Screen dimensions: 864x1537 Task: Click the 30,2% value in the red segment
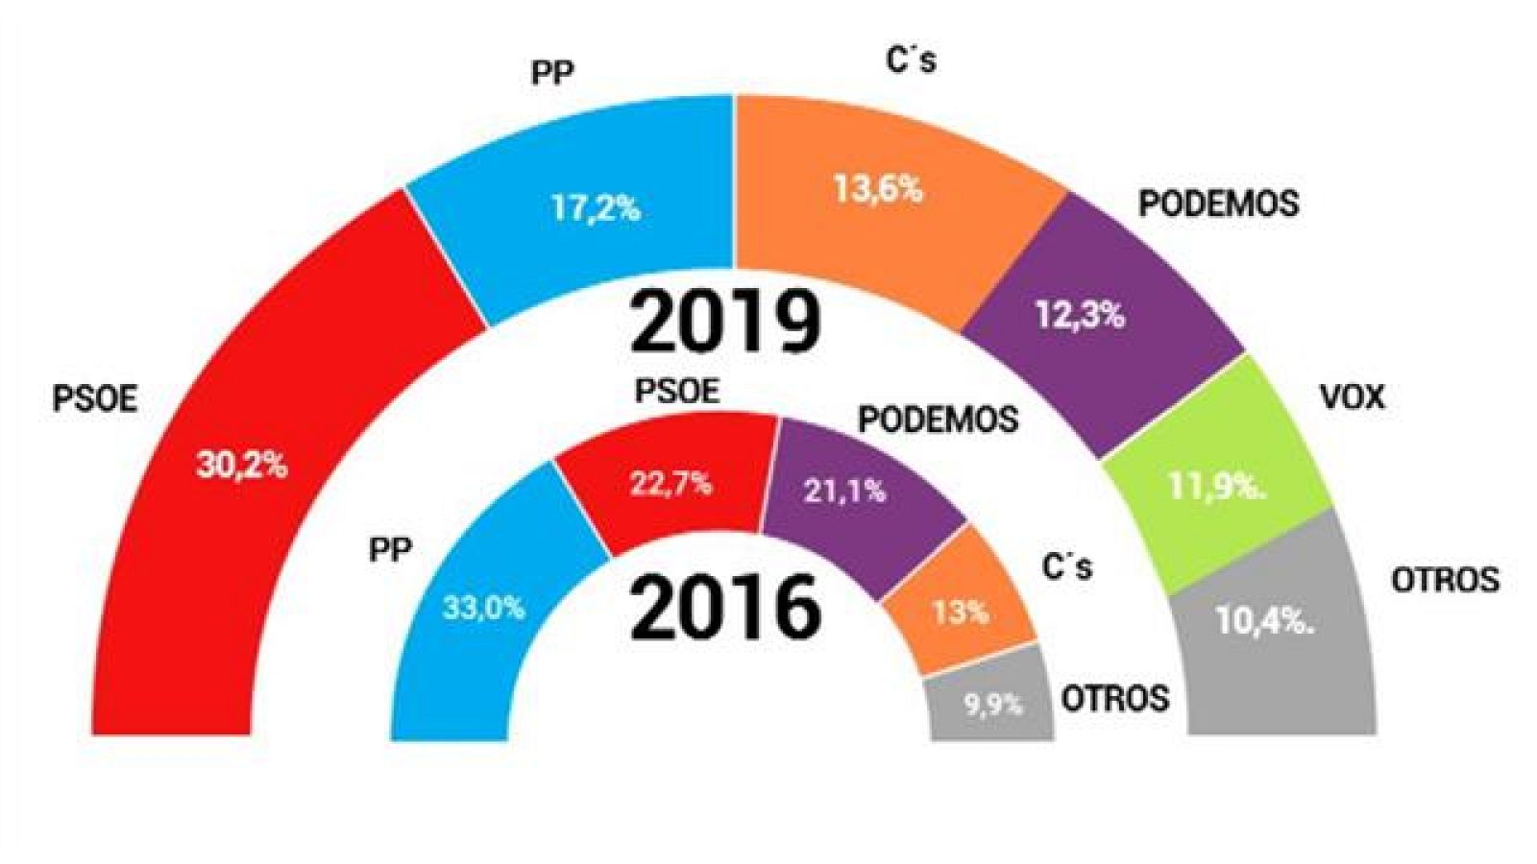(x=242, y=466)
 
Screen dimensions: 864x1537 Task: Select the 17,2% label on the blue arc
(x=596, y=208)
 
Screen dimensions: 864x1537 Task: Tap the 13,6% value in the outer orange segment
(x=877, y=189)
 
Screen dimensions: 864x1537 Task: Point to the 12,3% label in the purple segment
(x=1080, y=314)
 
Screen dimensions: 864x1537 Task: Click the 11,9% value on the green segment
(x=1216, y=487)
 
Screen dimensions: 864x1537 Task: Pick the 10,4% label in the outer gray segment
(x=1264, y=621)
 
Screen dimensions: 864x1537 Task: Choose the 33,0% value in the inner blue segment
(x=484, y=608)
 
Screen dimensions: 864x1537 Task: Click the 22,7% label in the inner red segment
(x=671, y=483)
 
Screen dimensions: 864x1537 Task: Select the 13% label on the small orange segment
(x=960, y=612)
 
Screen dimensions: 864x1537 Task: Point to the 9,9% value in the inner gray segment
(x=993, y=705)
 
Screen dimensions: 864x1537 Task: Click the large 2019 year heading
(x=725, y=322)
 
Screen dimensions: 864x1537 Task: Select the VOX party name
(x=1353, y=396)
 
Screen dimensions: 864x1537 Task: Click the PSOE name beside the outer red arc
(x=95, y=398)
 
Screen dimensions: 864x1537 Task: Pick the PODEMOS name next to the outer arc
(x=1218, y=204)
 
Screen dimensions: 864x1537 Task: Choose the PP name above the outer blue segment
(x=552, y=73)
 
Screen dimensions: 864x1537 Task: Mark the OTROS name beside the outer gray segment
(x=1445, y=580)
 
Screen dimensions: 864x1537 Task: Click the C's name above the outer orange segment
(x=910, y=60)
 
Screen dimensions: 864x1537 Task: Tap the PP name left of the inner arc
(x=390, y=550)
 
